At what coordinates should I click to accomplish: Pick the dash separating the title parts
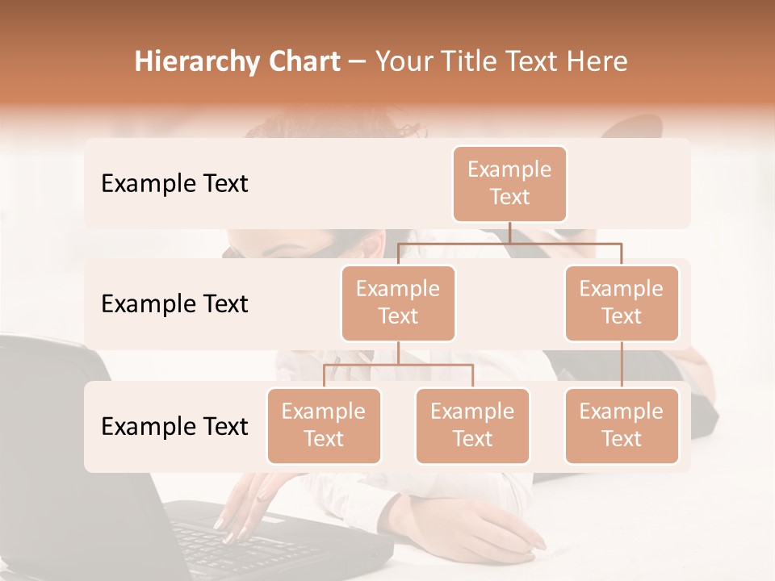[358, 62]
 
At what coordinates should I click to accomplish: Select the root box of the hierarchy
[509, 184]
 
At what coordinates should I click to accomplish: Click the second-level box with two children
[398, 303]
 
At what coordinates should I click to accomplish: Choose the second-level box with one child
[622, 303]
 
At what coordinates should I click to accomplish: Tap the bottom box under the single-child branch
[622, 426]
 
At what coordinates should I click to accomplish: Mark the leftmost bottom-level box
[324, 426]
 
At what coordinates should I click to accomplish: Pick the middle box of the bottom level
[472, 426]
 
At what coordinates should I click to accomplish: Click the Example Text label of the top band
[174, 184]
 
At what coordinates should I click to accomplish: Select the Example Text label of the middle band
[174, 304]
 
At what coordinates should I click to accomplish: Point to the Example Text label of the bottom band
[174, 427]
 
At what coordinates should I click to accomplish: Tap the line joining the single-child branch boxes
[622, 365]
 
